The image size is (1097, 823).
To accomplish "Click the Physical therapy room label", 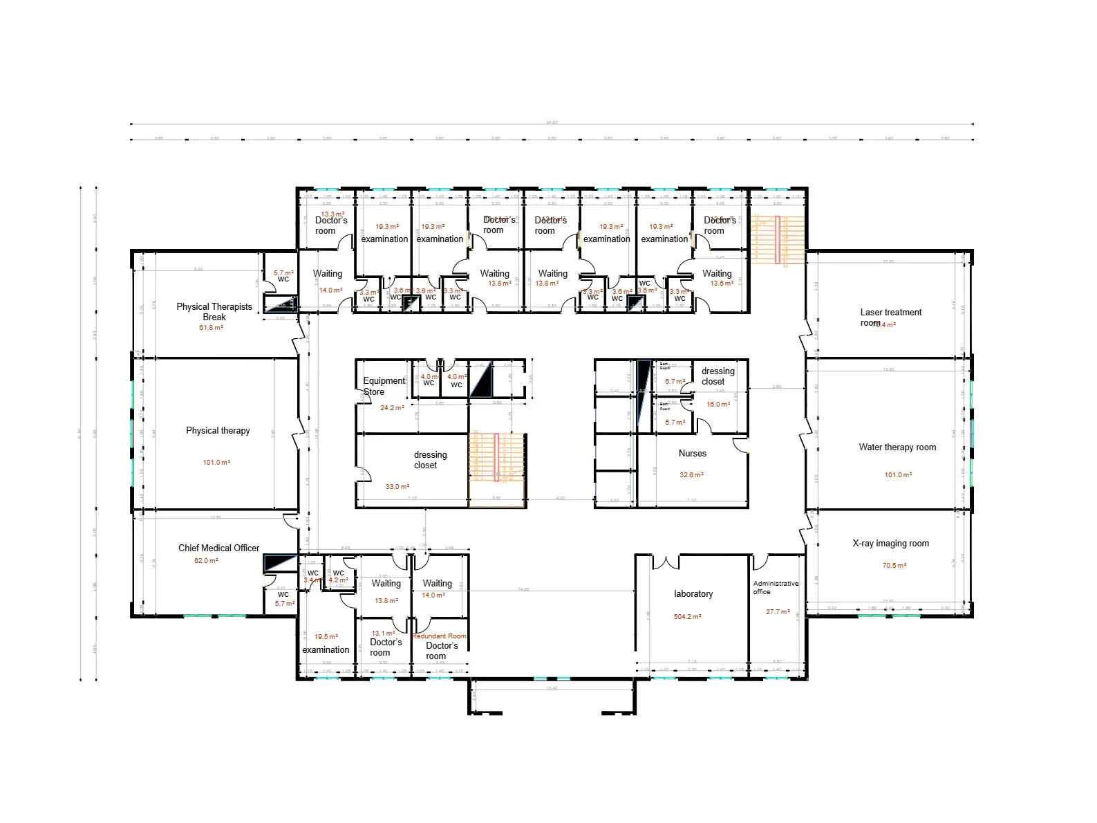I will (218, 431).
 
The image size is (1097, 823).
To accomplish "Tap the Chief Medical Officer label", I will (218, 548).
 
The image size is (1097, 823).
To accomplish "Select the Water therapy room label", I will (897, 447).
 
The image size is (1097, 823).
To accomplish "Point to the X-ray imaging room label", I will (890, 544).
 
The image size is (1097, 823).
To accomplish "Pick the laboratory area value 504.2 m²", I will (687, 617).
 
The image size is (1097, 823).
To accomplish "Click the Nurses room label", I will (692, 454).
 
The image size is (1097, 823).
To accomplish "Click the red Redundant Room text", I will (439, 636).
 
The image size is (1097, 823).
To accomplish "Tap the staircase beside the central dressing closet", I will (497, 457).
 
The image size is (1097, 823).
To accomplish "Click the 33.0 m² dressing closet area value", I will (397, 487).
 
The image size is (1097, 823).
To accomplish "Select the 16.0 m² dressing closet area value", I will (718, 405).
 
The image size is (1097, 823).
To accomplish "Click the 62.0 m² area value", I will (206, 561).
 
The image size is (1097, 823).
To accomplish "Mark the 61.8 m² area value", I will (211, 328).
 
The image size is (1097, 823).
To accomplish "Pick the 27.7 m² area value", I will (778, 612).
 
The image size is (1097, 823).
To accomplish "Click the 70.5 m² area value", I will (894, 566).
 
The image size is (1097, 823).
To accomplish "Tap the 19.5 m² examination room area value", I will (326, 637).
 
